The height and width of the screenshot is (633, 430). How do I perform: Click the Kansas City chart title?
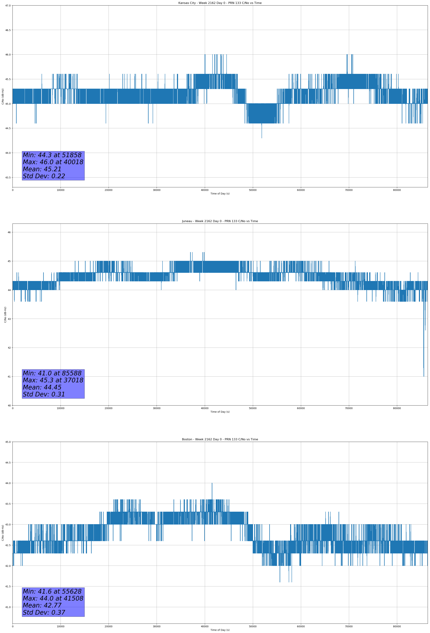pos(220,3)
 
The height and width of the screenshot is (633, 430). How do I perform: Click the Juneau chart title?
pos(220,221)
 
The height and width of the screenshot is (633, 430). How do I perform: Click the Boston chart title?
pos(220,439)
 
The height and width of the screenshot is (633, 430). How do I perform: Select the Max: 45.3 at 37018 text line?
pos(53,380)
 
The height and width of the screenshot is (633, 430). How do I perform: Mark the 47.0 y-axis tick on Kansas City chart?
pos(8,6)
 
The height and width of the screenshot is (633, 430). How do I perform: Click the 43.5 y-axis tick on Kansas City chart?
pos(8,178)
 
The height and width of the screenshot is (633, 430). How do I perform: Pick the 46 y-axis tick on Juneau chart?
pos(9,232)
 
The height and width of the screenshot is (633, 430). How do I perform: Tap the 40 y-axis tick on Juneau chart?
pos(9,406)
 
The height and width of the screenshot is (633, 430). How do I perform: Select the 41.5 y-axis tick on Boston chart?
pos(8,586)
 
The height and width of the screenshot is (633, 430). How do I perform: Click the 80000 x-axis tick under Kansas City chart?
pos(397,190)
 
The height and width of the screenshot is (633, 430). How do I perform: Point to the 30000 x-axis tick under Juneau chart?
pos(156,408)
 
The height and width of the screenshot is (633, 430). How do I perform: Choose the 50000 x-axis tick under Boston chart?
pos(253,626)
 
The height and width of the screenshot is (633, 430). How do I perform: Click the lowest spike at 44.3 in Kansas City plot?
pos(262,138)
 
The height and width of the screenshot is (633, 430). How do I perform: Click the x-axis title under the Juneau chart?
pos(220,412)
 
